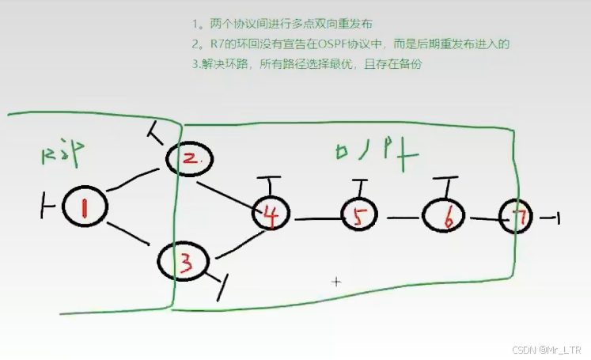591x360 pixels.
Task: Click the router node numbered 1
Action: point(84,207)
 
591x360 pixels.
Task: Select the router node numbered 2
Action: point(191,159)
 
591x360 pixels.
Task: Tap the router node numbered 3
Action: point(184,261)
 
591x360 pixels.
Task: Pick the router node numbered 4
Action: point(271,214)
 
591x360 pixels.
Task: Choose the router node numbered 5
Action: point(360,216)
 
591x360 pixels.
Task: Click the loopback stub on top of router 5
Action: point(362,188)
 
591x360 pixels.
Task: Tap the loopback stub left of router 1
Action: point(47,207)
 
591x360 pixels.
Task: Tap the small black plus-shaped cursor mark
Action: point(336,281)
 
